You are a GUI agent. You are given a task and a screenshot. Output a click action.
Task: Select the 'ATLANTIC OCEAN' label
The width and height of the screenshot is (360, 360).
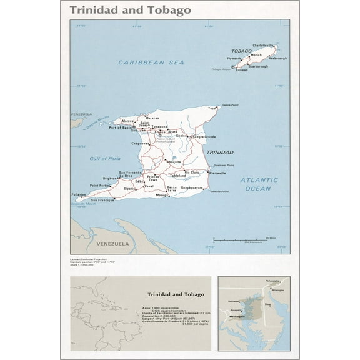257,184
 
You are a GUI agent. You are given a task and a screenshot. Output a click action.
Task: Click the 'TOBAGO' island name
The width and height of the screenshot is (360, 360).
241,51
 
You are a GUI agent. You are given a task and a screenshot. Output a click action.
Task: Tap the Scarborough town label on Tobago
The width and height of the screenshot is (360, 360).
257,66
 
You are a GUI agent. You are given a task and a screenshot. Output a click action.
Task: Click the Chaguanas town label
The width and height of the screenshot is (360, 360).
141,143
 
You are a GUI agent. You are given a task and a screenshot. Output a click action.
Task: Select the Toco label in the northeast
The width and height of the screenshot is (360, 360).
212,108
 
